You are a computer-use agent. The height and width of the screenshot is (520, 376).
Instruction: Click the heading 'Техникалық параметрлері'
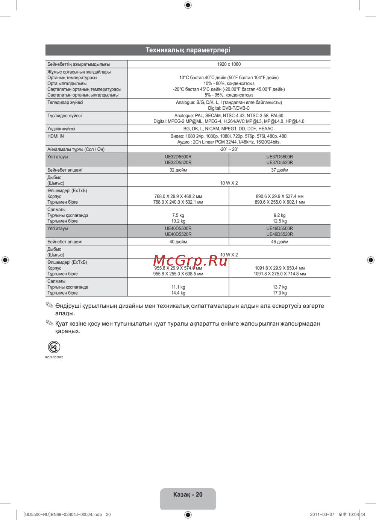pos(188,50)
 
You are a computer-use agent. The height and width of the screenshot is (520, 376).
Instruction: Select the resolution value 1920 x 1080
pos(229,64)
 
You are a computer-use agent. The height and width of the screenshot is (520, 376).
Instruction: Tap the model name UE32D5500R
pos(178,157)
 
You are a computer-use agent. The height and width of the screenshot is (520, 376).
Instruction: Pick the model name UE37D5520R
pos(279,163)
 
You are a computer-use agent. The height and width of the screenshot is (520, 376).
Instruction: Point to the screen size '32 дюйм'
pos(178,170)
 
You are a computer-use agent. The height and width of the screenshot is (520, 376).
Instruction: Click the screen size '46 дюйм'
pos(279,242)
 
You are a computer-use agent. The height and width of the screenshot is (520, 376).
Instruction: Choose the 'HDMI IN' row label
pos(56,136)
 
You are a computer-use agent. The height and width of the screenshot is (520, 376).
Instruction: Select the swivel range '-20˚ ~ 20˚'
pos(229,149)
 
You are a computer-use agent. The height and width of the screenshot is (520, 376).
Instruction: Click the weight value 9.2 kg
pos(279,215)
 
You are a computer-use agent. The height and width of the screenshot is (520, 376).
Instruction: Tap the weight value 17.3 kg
pos(279,293)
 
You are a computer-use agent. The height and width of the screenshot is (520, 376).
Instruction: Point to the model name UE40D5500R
pos(178,228)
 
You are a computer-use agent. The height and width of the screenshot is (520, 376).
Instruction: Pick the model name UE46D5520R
pos(279,234)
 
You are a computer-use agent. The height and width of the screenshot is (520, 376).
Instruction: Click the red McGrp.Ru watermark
pos(190,260)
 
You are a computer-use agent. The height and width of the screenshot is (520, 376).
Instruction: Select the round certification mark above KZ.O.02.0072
pos(54,347)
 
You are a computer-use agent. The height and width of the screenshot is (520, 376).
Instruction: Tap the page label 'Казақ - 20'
pos(188,494)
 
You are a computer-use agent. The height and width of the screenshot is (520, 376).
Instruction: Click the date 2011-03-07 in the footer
pos(322,514)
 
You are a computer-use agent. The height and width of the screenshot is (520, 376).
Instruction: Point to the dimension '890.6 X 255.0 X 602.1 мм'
pos(279,202)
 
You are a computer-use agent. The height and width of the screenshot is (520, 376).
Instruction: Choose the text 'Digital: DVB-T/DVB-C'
pos(229,108)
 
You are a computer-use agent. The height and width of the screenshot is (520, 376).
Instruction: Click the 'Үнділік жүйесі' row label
pos(61,128)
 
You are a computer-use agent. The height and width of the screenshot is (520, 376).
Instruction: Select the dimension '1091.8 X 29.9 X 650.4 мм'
pos(279,268)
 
